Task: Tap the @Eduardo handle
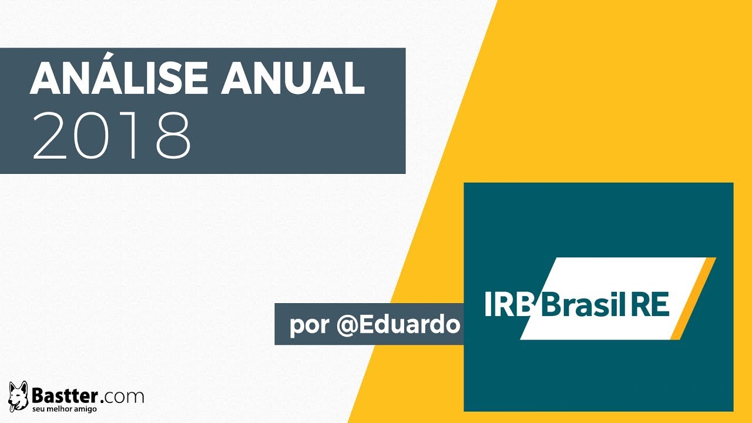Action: point(398,324)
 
